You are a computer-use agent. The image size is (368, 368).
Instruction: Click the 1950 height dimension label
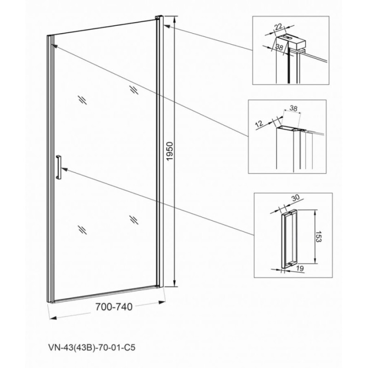[x=169, y=151]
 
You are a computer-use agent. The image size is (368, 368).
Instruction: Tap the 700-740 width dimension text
[x=114, y=306]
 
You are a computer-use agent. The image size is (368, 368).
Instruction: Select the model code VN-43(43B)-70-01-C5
[x=92, y=347]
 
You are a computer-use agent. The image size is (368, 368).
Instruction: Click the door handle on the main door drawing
[x=58, y=167]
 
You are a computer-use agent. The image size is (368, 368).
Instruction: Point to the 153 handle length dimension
[x=319, y=236]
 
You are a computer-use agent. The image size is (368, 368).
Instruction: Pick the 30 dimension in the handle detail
[x=296, y=198]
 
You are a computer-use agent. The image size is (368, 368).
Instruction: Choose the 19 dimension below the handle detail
[x=300, y=268]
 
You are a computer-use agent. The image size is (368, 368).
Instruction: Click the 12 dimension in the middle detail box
[x=259, y=123]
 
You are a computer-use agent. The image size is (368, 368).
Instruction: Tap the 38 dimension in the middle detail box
[x=293, y=108]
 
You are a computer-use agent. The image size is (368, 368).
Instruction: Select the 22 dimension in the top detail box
[x=278, y=27]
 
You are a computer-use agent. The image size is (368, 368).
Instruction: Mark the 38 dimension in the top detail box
[x=279, y=47]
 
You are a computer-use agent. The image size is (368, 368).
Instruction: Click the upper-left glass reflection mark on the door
[x=83, y=100]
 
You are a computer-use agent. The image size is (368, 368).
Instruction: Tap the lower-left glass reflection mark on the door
[x=83, y=230]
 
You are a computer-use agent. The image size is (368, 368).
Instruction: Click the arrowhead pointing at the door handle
[x=64, y=169]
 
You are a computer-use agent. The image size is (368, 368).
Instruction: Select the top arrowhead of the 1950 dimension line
[x=174, y=19]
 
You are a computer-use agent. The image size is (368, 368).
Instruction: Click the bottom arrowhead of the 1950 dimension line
[x=174, y=283]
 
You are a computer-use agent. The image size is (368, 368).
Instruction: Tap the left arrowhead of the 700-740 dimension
[x=53, y=317]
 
